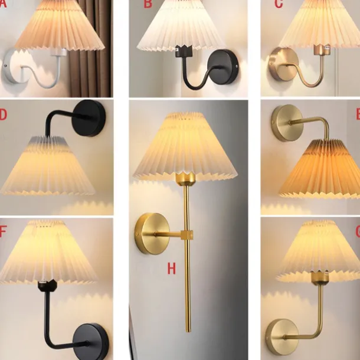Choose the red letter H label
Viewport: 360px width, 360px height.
click(x=171, y=269)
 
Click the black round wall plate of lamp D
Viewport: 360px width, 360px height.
click(x=90, y=118)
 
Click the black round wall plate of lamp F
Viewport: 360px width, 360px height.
click(x=90, y=341)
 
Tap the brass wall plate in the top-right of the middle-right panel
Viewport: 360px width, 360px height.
click(x=286, y=123)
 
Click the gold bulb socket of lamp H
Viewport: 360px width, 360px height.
click(x=185, y=178)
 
